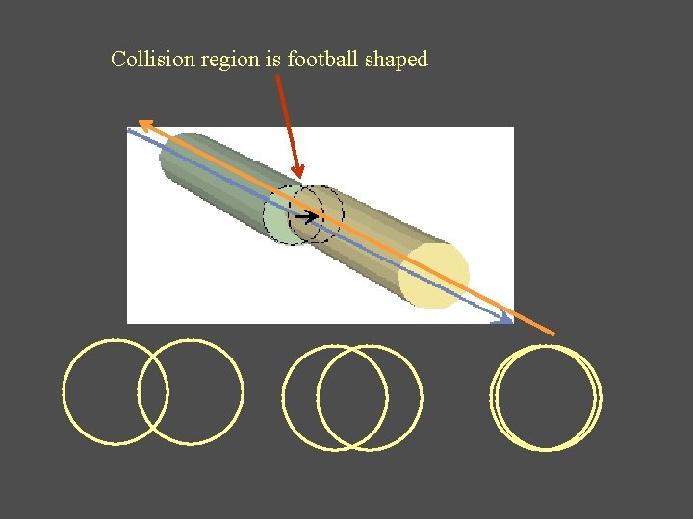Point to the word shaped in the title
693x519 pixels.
tap(397, 60)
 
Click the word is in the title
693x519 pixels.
tap(272, 60)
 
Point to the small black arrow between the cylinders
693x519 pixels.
tap(306, 218)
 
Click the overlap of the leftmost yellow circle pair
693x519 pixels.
tap(153, 392)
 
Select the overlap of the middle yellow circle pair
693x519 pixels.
tap(351, 396)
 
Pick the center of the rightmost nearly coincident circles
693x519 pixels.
tap(545, 396)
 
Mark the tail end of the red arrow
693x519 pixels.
tap(277, 77)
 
